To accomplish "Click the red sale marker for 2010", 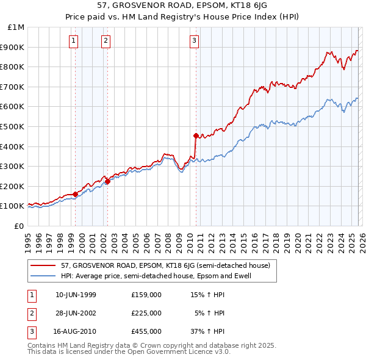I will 196,135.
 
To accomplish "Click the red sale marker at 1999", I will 75,194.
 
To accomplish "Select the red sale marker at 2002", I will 107,181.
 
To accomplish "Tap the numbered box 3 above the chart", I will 194,41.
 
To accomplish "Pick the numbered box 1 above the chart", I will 73,41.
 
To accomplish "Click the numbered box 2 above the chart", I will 106,41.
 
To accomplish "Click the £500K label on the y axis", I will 13,126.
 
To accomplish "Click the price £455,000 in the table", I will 146,331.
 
